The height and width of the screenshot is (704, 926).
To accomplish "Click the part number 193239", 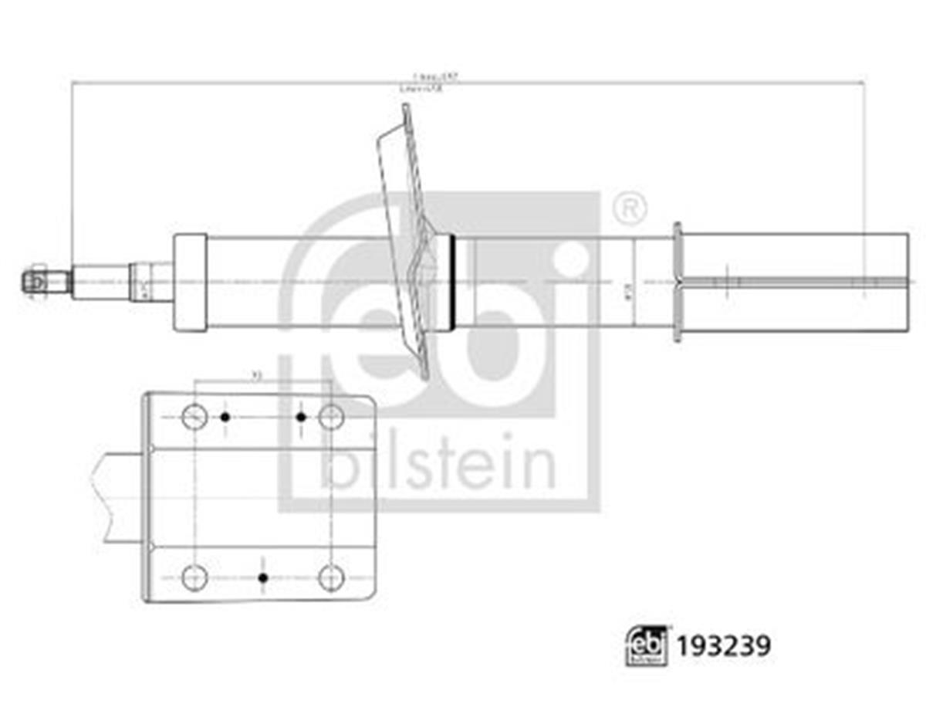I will (x=724, y=645).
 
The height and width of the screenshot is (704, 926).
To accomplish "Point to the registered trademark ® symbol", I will (x=630, y=208).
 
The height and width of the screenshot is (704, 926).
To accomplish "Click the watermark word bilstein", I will (x=438, y=465).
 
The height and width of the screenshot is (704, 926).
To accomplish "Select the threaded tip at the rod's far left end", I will (x=35, y=282).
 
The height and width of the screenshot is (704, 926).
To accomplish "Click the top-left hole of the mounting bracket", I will (x=194, y=417).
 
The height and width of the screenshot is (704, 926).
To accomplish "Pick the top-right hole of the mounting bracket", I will (x=331, y=417).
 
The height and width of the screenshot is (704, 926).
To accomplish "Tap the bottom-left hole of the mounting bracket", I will (x=194, y=577).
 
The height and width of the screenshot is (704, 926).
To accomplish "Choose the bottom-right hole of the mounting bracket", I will (x=331, y=577).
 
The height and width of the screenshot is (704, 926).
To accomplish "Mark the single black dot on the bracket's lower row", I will (x=262, y=577).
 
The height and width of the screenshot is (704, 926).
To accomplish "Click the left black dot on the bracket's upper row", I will (x=225, y=417).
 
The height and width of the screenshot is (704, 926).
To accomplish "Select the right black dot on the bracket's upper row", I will (x=301, y=417).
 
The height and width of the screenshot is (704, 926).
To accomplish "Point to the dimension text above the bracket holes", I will (x=257, y=375).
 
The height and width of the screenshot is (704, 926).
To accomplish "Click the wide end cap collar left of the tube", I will (x=190, y=283).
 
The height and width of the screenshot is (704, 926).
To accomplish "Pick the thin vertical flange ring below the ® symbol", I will (x=678, y=282).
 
